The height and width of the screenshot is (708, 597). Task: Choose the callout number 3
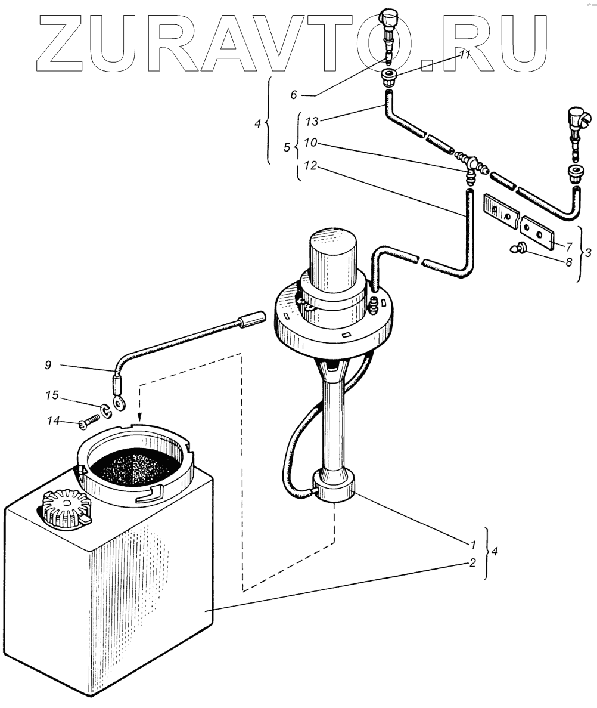588,252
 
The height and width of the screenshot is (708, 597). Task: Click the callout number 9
48,364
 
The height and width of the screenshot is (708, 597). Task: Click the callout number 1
472,544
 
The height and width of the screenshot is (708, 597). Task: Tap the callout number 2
472,562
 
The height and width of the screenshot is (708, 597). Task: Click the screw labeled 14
88,422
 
